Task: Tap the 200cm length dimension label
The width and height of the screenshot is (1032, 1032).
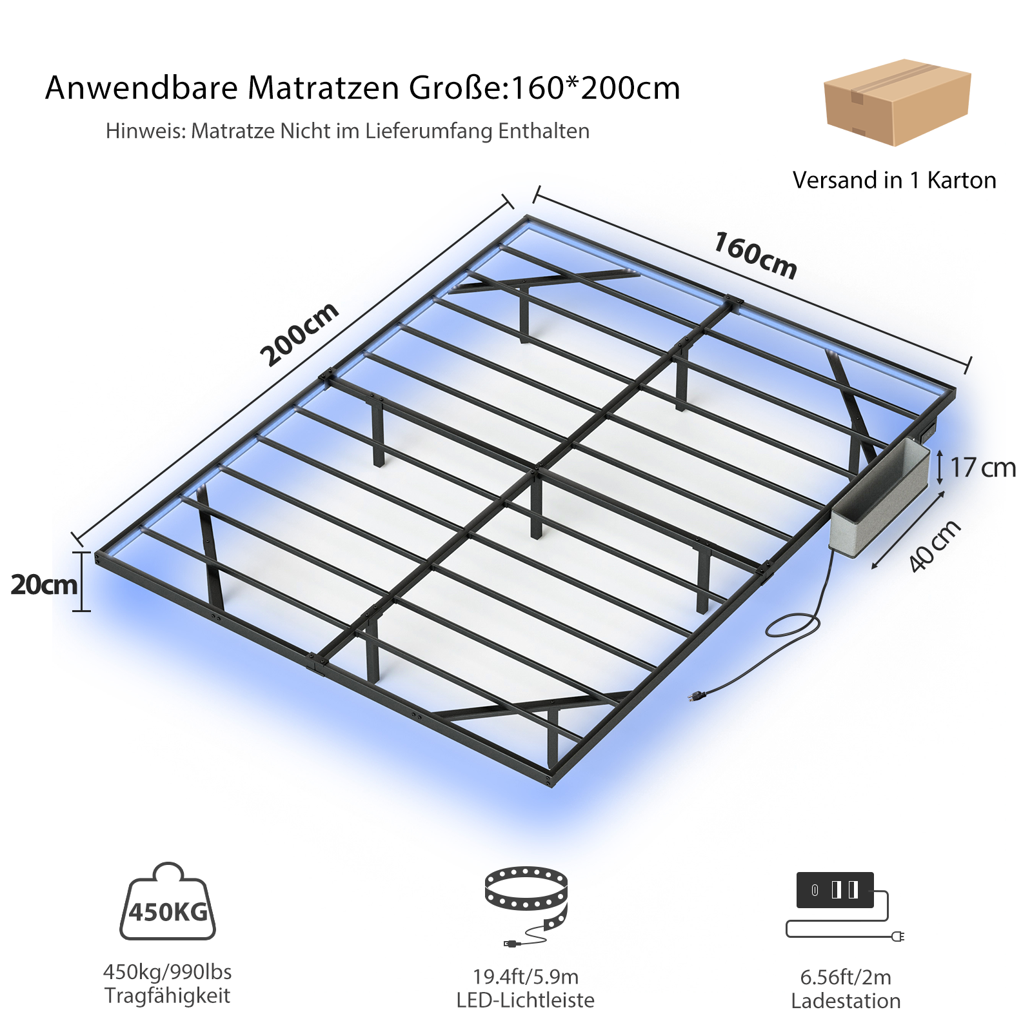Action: (299, 333)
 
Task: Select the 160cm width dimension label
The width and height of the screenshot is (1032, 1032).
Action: (755, 255)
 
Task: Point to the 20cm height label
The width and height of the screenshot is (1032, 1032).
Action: (44, 584)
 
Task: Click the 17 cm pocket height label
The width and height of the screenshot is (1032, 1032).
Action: (982, 468)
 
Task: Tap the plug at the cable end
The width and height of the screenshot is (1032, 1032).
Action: (698, 695)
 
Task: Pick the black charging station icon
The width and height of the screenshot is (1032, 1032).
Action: (835, 890)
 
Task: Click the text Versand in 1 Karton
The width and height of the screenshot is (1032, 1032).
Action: (894, 180)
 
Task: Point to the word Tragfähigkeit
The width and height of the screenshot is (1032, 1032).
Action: (167, 995)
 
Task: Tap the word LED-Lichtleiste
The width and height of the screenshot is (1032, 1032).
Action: (525, 1000)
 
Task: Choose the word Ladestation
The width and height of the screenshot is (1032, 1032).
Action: (846, 1001)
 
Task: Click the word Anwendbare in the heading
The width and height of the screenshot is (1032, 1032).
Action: (141, 88)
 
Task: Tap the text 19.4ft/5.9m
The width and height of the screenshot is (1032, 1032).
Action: (526, 977)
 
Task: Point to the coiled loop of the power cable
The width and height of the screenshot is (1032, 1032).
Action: (793, 625)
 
